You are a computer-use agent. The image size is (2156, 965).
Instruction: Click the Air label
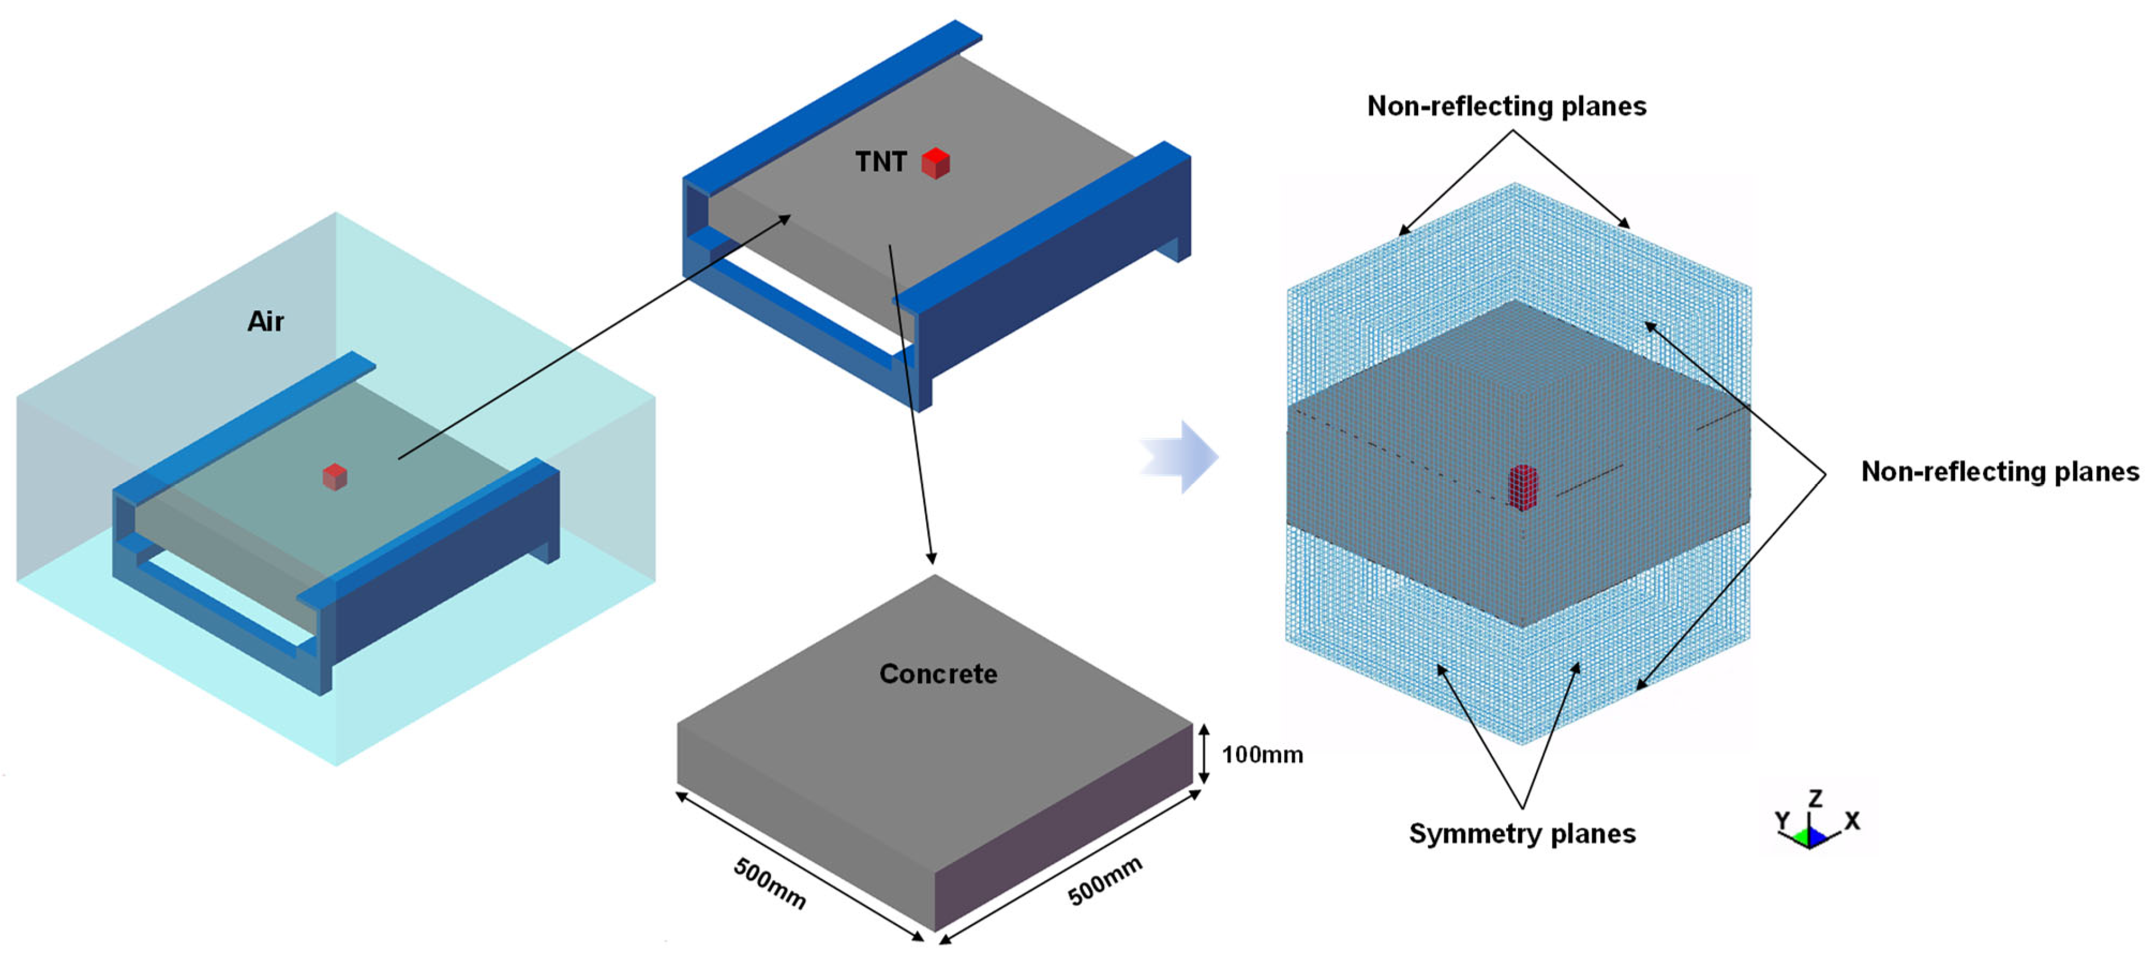tap(265, 322)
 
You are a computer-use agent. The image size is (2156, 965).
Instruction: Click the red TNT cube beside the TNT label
tap(935, 163)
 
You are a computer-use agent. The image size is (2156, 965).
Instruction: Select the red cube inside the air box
tap(335, 477)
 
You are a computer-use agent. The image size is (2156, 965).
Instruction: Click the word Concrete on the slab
tap(938, 674)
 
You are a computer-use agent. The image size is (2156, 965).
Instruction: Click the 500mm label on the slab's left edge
tap(769, 883)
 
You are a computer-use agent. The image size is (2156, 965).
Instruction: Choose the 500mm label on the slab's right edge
tap(1105, 881)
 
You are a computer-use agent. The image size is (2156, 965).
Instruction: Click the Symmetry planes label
tap(1522, 833)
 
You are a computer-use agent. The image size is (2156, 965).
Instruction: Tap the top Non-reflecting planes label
tap(1506, 106)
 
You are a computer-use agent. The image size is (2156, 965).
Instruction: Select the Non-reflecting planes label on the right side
tap(1999, 472)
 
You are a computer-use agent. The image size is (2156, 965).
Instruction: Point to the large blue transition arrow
tap(1182, 457)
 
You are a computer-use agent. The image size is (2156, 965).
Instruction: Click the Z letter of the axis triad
tap(1814, 798)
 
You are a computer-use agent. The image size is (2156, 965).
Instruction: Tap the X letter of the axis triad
tap(1852, 821)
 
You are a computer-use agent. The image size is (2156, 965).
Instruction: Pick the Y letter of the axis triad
tap(1783, 820)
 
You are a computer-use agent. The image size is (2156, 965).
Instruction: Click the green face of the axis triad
tap(1801, 836)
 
